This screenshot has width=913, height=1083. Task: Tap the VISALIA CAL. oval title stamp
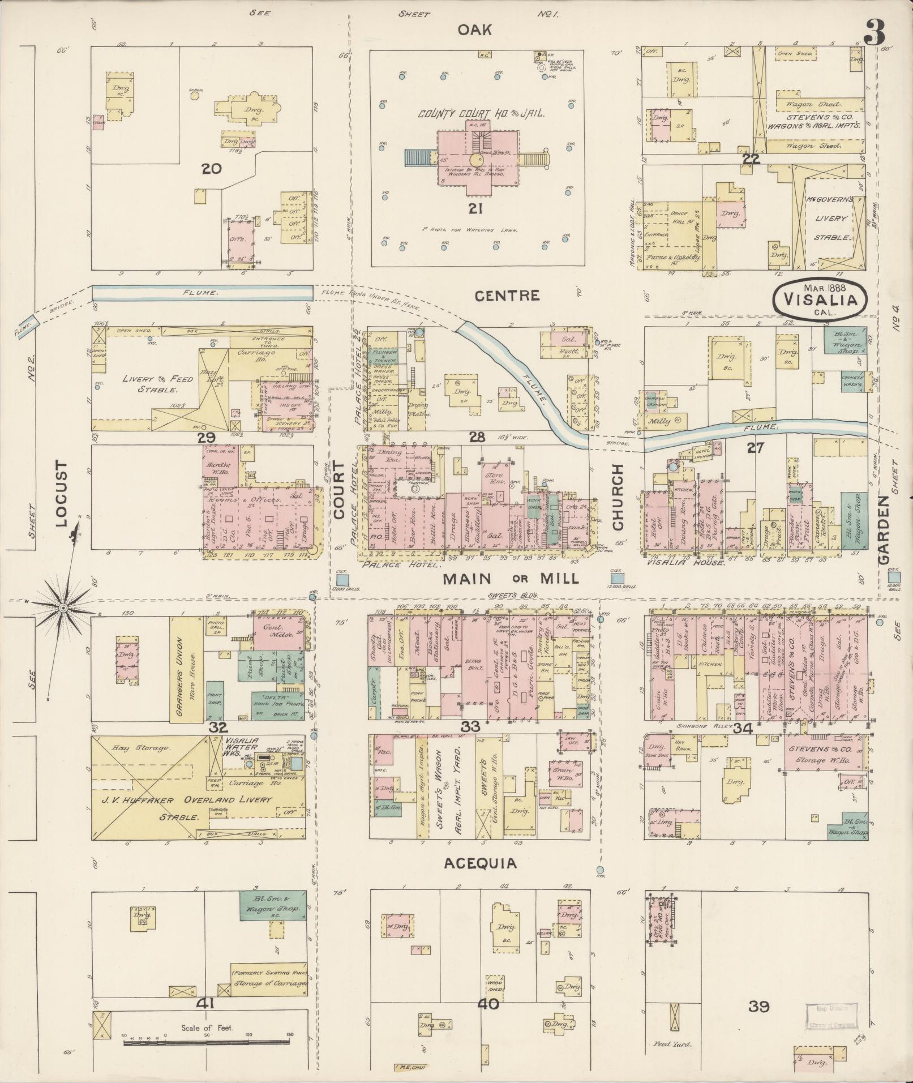click(819, 296)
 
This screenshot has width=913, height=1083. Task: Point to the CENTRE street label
click(507, 296)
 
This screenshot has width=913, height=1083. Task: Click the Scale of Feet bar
click(207, 1041)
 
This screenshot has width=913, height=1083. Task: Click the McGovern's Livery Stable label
click(831, 218)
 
